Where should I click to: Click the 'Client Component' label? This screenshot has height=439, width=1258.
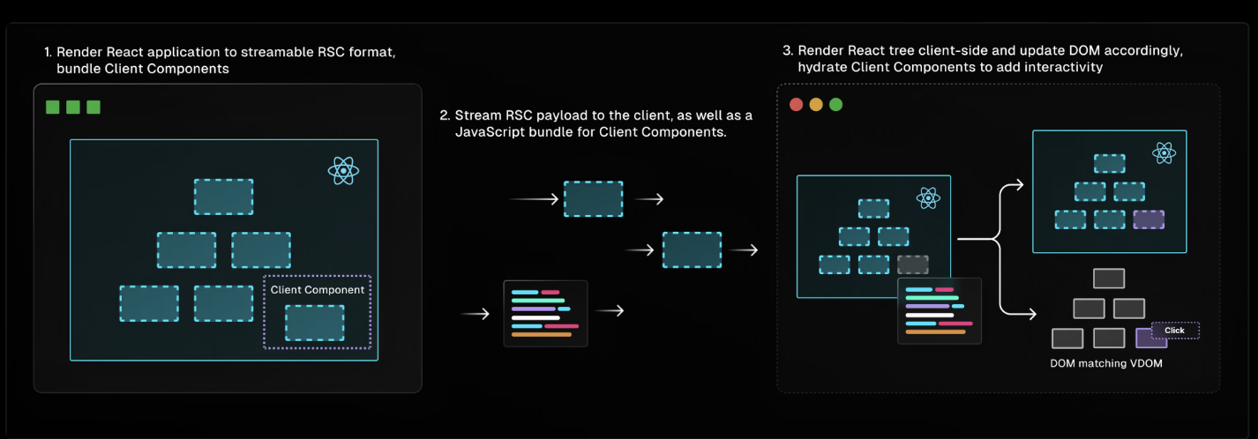click(318, 290)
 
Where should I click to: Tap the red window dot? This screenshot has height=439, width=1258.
click(796, 104)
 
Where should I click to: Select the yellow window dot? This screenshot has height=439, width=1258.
click(816, 104)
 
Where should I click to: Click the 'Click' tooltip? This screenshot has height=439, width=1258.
click(1175, 330)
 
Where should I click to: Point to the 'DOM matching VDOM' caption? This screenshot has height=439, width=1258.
click(1105, 363)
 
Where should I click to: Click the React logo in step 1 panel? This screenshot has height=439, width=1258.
click(343, 171)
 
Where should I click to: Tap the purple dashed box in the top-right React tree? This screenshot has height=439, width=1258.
click(1149, 219)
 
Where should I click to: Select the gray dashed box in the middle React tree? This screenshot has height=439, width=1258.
click(912, 264)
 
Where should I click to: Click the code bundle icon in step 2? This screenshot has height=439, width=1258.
click(545, 313)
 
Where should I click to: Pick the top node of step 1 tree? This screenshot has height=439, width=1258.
click(223, 197)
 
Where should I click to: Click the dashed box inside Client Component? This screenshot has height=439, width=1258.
click(314, 323)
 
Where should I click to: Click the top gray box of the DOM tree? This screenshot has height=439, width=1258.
click(1109, 278)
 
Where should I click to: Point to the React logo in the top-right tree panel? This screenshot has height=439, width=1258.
click(1164, 153)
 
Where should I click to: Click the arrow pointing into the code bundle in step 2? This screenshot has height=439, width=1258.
click(475, 314)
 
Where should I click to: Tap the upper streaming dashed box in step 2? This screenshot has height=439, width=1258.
click(593, 198)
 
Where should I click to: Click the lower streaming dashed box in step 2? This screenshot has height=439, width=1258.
click(692, 249)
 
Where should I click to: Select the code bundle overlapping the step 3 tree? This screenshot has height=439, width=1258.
click(940, 311)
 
